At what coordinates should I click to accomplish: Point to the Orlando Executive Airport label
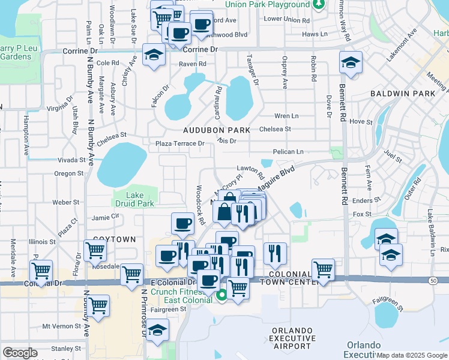[291, 338]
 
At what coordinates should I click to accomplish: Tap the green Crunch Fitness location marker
[221, 294]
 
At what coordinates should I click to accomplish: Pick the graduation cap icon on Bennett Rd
[350, 62]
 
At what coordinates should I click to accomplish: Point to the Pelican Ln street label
[288, 152]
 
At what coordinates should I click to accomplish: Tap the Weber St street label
[62, 203]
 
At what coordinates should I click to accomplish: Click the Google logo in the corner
[20, 353]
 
